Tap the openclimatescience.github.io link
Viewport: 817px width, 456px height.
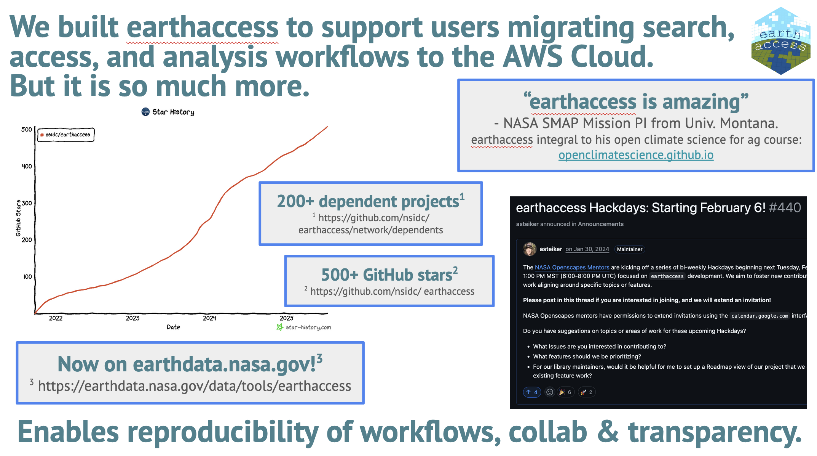point(636,155)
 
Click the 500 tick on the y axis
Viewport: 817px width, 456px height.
point(27,130)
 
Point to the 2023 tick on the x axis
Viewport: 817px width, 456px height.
point(132,318)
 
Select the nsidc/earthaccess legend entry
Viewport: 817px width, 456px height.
point(66,135)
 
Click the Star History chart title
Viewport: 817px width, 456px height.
point(168,112)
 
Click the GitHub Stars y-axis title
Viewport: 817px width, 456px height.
point(18,218)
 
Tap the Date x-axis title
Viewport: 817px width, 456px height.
point(173,327)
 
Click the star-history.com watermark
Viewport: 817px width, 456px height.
point(304,327)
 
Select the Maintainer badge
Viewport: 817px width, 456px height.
point(629,249)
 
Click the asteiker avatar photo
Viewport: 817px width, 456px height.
point(529,249)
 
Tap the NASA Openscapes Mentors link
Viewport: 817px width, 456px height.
point(572,268)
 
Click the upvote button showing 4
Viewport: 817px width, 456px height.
point(532,392)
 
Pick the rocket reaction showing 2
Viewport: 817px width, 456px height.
point(586,392)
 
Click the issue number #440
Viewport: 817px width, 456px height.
point(785,208)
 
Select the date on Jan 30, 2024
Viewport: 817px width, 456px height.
point(587,249)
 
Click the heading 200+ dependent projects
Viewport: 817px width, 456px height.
point(368,202)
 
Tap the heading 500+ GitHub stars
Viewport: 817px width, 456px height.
point(387,275)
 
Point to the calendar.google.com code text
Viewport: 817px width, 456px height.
point(760,316)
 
